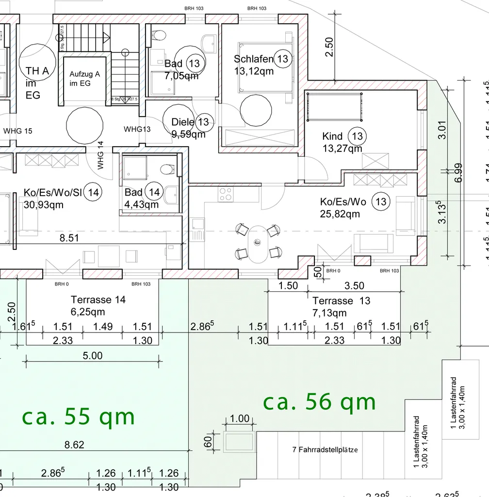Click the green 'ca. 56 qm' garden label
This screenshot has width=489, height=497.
(x=319, y=402)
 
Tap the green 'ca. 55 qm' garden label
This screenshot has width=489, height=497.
(x=78, y=417)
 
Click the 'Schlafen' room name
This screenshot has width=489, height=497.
(x=253, y=59)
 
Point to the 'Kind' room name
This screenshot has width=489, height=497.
(x=332, y=136)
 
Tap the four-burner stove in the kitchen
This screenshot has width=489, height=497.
(x=225, y=194)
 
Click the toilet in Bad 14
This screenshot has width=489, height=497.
(x=167, y=169)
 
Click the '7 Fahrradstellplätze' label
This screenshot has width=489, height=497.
(x=325, y=450)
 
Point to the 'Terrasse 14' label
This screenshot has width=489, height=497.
(x=98, y=300)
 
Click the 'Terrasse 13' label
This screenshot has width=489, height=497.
(x=341, y=301)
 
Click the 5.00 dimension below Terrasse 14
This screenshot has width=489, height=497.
(x=93, y=356)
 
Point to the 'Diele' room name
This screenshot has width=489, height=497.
(x=183, y=122)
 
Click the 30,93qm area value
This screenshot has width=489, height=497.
(x=44, y=205)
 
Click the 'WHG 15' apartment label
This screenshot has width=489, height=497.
(x=17, y=131)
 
